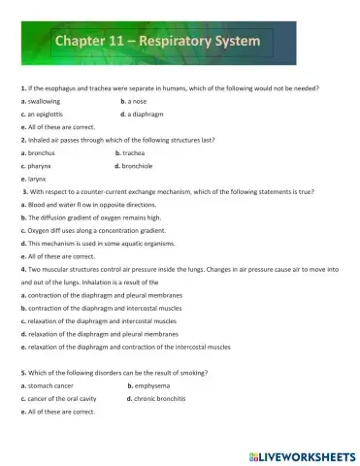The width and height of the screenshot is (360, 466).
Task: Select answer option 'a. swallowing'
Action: (x=41, y=101)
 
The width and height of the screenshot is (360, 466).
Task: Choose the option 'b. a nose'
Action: (x=136, y=101)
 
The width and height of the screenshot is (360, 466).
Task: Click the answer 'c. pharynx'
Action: (x=37, y=166)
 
